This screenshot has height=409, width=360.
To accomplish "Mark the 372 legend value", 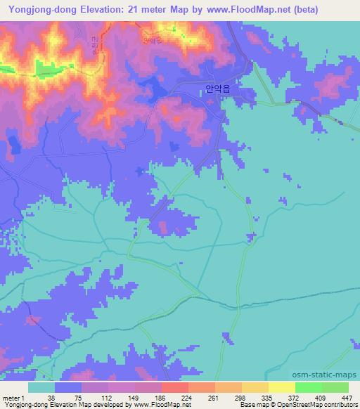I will [x=295, y=397].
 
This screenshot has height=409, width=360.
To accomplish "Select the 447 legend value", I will [x=347, y=397].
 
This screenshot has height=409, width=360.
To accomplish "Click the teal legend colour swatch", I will [x=41, y=387].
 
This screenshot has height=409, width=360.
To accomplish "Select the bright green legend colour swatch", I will [x=309, y=387].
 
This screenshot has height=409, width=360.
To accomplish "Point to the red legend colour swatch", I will [x=175, y=387].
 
